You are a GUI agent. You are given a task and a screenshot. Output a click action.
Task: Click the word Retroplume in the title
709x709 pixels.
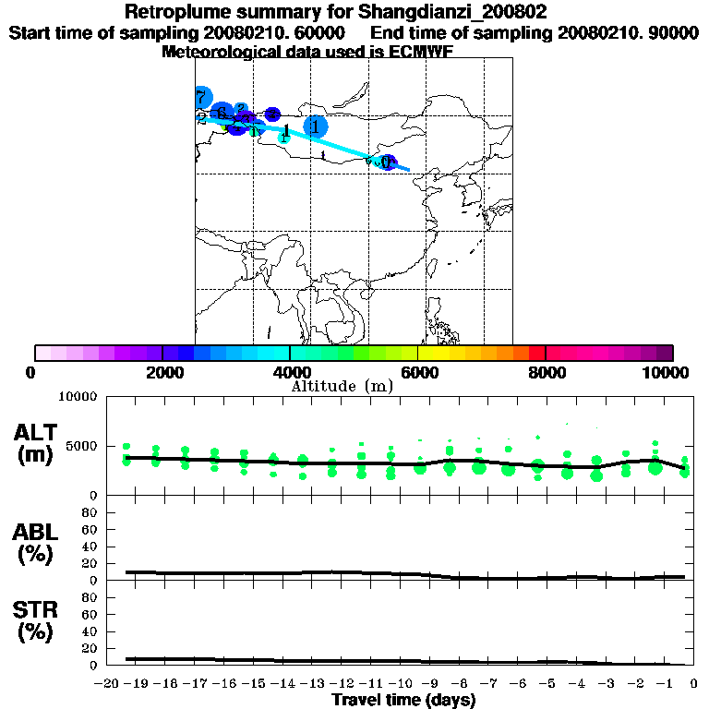(x=175, y=13)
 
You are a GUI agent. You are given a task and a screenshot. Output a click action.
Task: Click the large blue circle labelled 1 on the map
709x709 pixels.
(x=316, y=126)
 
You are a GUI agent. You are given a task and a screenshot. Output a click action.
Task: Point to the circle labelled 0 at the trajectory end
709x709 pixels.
(x=387, y=162)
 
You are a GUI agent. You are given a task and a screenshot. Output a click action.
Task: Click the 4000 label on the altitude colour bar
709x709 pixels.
(x=290, y=372)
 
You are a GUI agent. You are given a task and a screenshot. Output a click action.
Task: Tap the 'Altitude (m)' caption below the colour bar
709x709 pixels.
(x=342, y=386)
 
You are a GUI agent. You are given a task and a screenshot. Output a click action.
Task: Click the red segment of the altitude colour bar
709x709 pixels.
(x=536, y=353)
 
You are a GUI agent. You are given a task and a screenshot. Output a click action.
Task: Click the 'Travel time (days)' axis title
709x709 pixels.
(x=404, y=701)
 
